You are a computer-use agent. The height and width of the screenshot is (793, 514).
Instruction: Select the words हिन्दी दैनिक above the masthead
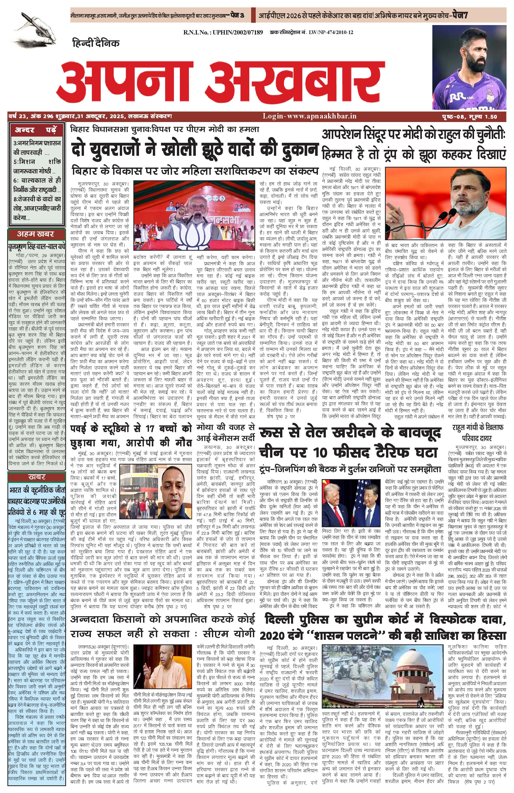point(96,43)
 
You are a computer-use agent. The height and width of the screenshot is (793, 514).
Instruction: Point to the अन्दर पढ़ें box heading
point(36,130)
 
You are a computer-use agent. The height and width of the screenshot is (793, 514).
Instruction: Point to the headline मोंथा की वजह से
point(226,427)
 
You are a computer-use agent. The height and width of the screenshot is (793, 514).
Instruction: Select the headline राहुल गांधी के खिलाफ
point(478,427)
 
